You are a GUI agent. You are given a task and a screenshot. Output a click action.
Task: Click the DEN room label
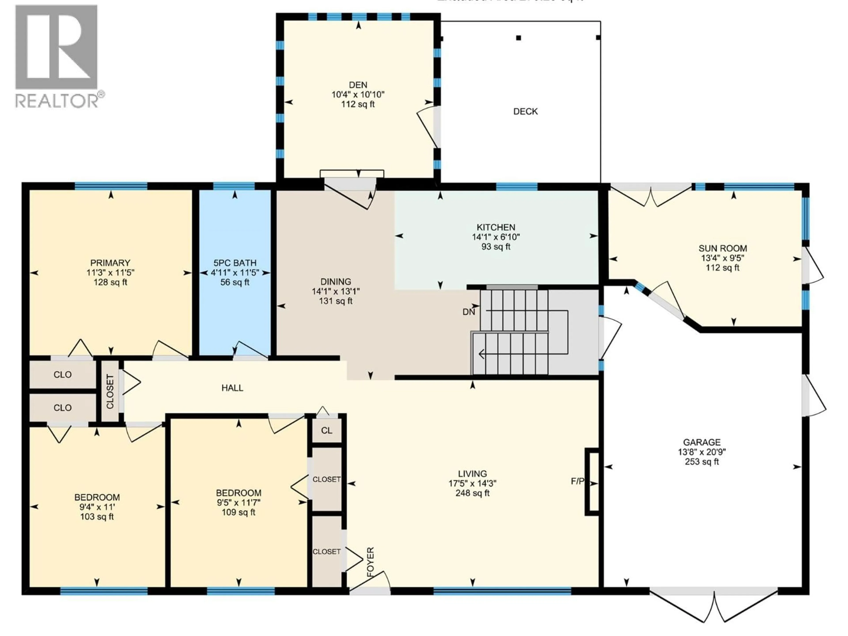[x=358, y=85]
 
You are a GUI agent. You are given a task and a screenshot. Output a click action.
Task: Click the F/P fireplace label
[x=577, y=481]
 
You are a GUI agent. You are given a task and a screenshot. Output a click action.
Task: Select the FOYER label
[x=370, y=562]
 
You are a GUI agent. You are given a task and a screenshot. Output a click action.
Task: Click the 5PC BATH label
[x=235, y=263]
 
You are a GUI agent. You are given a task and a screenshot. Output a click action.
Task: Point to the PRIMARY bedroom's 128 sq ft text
[x=110, y=282]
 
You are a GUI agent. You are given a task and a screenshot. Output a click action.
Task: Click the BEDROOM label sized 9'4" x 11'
[x=97, y=497]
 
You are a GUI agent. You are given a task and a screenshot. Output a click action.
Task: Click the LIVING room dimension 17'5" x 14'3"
[x=472, y=483]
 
